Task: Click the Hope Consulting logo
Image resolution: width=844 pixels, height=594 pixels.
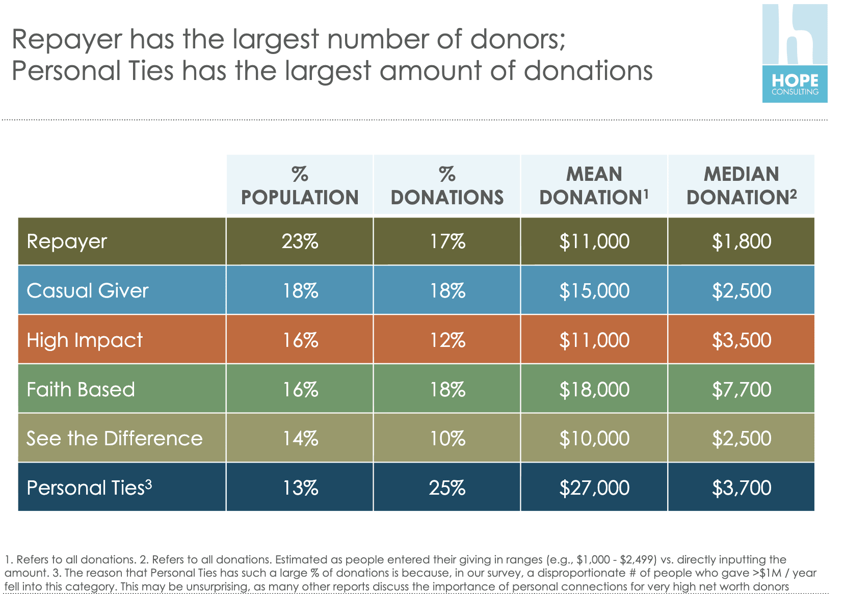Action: (794, 54)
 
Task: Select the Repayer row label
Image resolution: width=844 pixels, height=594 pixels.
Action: (67, 241)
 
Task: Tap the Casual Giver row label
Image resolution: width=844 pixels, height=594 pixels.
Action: (87, 291)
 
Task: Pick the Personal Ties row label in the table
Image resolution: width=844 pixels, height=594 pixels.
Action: (89, 488)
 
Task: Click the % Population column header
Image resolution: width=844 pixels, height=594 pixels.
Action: (300, 185)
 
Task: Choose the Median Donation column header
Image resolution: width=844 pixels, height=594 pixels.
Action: (741, 185)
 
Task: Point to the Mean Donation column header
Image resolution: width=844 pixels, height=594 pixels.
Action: (594, 185)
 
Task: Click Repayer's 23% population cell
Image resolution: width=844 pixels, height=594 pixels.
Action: (300, 241)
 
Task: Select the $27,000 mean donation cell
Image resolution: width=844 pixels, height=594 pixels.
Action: (594, 488)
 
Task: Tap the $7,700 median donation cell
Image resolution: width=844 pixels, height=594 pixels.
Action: (742, 390)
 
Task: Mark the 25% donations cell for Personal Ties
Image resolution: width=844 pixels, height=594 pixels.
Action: (447, 488)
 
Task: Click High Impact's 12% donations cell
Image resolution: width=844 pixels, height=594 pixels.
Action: (447, 340)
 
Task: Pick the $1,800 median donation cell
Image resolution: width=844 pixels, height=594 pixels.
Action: (742, 241)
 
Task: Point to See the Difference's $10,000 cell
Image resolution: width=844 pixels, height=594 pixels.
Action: (594, 439)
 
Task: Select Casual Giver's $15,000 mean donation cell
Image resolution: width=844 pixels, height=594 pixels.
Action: (594, 291)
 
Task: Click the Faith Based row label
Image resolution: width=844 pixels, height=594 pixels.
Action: (81, 390)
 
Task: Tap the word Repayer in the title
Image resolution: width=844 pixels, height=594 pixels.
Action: (67, 40)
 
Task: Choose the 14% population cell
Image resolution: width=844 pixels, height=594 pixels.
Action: (300, 439)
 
